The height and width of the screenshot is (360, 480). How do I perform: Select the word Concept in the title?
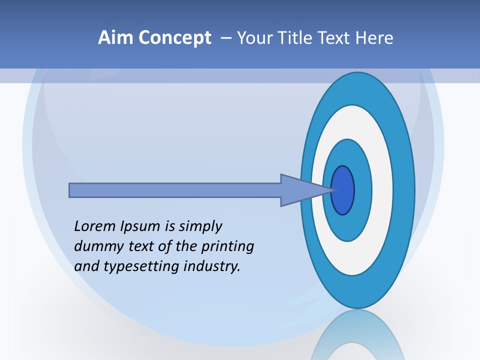174,38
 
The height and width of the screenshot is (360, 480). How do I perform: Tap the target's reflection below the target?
357,335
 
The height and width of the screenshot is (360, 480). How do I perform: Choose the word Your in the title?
254,38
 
